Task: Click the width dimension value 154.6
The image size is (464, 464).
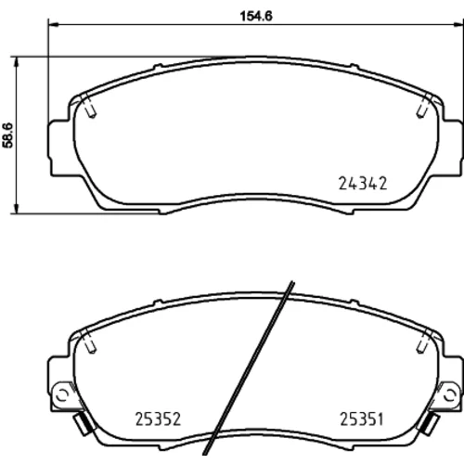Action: (x=256, y=17)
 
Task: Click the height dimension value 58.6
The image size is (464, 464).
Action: (x=7, y=135)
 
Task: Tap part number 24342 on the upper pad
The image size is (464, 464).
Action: (x=363, y=184)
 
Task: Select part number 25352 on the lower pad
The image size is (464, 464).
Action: (x=158, y=419)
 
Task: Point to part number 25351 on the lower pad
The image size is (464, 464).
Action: (x=362, y=419)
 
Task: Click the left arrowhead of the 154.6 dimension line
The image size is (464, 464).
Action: (x=53, y=24)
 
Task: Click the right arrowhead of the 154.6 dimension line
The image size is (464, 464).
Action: (x=458, y=24)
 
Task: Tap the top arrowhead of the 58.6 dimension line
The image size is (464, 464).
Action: (x=17, y=62)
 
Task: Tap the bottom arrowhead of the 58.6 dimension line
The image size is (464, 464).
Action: (x=17, y=208)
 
